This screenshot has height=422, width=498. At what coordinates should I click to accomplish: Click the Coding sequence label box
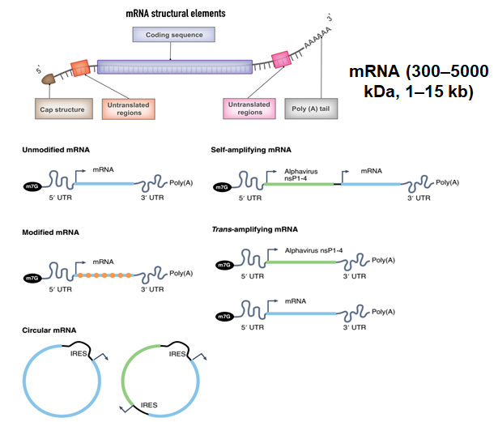click(174, 35)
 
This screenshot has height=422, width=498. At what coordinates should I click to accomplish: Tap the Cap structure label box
click(64, 109)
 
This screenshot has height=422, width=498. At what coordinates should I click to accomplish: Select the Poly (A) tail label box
click(311, 109)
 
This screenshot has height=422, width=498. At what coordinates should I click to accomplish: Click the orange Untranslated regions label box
click(129, 109)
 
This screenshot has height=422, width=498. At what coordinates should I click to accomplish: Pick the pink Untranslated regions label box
click(249, 109)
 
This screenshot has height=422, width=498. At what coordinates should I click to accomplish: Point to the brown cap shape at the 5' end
click(49, 79)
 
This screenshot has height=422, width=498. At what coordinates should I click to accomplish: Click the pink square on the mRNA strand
click(281, 59)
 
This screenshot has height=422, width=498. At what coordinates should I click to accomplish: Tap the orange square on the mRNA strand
click(80, 68)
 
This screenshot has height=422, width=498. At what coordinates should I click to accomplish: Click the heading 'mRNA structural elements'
click(176, 13)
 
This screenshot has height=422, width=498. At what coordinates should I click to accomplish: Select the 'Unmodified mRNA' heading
click(56, 150)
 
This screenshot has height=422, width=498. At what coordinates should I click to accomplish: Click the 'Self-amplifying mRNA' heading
click(251, 150)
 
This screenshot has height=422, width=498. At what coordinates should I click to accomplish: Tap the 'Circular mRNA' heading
click(49, 330)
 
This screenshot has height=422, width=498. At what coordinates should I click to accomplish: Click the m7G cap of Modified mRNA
click(32, 278)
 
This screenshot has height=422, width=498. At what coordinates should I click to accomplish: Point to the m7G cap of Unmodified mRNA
click(32, 186)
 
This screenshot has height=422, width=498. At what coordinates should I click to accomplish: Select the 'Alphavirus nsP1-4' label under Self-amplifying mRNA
click(301, 175)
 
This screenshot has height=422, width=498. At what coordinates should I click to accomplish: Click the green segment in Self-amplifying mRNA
click(299, 184)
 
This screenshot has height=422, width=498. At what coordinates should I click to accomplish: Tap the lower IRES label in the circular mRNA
click(149, 405)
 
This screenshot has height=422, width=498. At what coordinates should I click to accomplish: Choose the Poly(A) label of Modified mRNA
click(181, 273)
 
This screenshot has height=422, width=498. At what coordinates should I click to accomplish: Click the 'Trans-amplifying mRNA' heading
click(255, 229)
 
